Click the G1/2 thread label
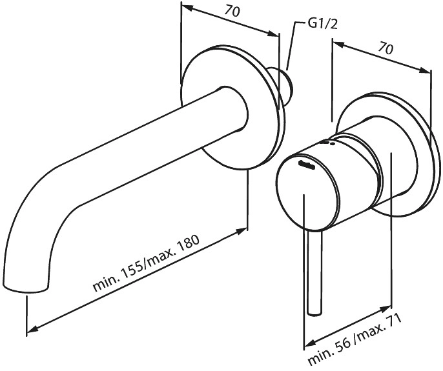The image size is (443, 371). (x=322, y=25)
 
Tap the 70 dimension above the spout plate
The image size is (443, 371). (x=232, y=11)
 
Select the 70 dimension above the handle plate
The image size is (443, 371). (x=386, y=48)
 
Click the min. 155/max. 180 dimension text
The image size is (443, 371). (x=147, y=263)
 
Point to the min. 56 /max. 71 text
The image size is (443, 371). (x=355, y=339)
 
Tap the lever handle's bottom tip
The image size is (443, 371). (x=314, y=312)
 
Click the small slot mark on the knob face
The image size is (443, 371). (x=306, y=165)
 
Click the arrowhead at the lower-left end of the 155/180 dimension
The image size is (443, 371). (x=32, y=328)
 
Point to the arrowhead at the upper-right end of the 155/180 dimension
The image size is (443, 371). (x=242, y=231)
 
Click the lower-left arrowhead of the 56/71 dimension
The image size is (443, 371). (x=309, y=344)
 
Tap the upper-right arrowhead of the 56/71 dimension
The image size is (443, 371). (x=386, y=308)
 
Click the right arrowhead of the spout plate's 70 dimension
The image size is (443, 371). (x=273, y=34)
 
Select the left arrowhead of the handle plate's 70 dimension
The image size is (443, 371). (x=338, y=44)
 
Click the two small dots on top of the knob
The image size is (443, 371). (x=329, y=143)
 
